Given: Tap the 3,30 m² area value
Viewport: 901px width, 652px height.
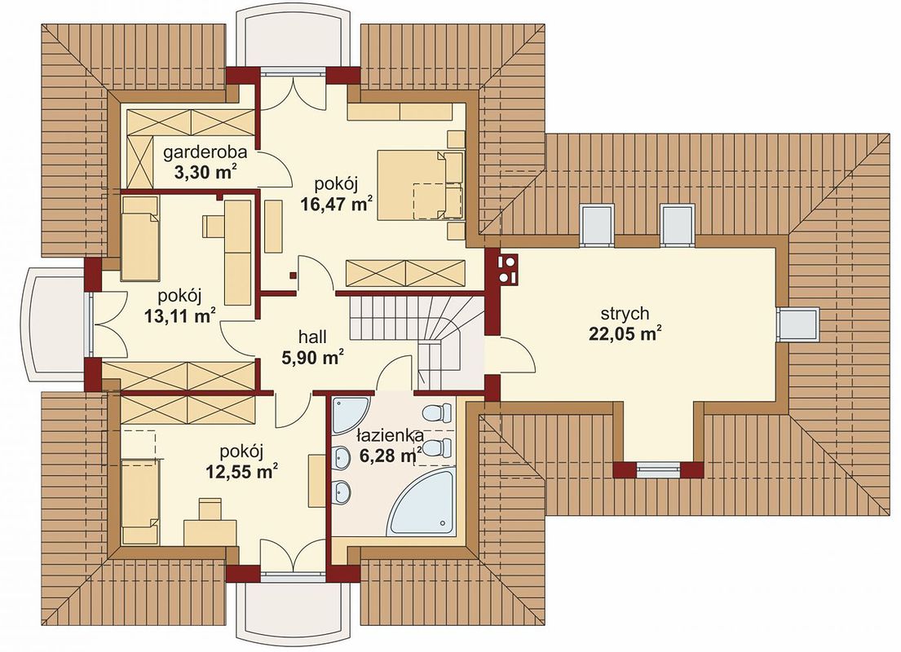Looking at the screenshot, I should tap(204, 172).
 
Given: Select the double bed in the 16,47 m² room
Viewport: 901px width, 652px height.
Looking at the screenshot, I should tap(420, 184).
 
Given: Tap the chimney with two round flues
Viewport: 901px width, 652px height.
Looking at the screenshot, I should tap(506, 269).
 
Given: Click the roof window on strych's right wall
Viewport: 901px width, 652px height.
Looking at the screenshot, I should tap(798, 324).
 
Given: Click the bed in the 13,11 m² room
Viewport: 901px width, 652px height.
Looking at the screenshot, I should tap(139, 238).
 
